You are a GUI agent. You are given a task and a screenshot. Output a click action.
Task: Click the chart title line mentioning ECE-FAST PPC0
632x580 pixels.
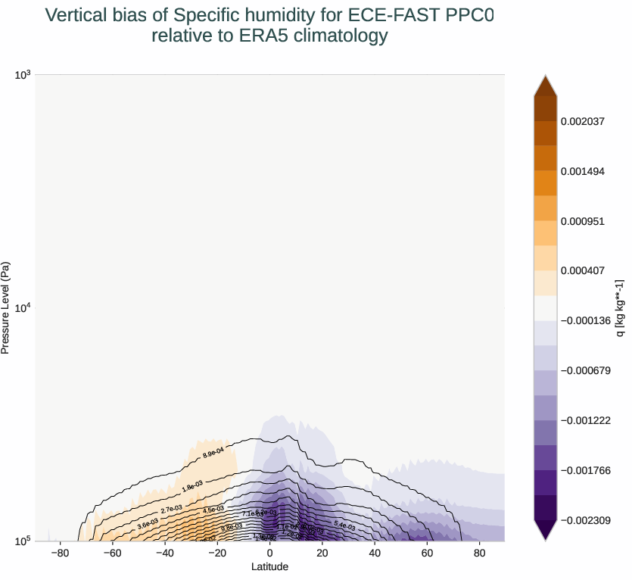tap(269, 15)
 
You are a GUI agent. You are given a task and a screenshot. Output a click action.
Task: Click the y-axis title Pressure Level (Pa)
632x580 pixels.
tap(6, 307)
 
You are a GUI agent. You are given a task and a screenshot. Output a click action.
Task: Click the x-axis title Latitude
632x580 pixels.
tap(269, 566)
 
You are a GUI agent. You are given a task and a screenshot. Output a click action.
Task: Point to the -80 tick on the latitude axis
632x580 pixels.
tap(61, 553)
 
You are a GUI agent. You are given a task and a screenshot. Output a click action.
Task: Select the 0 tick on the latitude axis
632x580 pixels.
tap(269, 553)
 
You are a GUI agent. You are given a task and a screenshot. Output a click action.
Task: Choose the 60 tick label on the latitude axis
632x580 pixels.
tap(426, 553)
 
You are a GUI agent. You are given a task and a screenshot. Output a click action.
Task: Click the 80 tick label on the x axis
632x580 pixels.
tap(478, 553)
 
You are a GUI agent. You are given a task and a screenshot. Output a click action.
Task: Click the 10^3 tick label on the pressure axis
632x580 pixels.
tap(23, 74)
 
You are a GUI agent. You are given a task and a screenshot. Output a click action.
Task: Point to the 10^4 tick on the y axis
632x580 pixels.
tap(23, 307)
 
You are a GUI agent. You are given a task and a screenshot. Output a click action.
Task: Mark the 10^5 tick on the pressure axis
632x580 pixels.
tap(23, 541)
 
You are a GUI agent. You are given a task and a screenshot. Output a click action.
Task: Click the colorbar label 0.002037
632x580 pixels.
tap(583, 121)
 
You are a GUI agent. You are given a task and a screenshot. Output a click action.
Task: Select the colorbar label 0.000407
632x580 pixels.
tap(583, 270)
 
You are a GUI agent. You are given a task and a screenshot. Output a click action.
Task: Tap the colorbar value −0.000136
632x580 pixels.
tap(585, 320)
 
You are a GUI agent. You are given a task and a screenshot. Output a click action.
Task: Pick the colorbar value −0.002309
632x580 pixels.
tap(585, 520)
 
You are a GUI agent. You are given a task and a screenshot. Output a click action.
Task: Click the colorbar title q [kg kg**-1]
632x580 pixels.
tap(619, 307)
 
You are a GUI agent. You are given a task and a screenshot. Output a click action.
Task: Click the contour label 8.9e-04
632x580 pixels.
tap(213, 453)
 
